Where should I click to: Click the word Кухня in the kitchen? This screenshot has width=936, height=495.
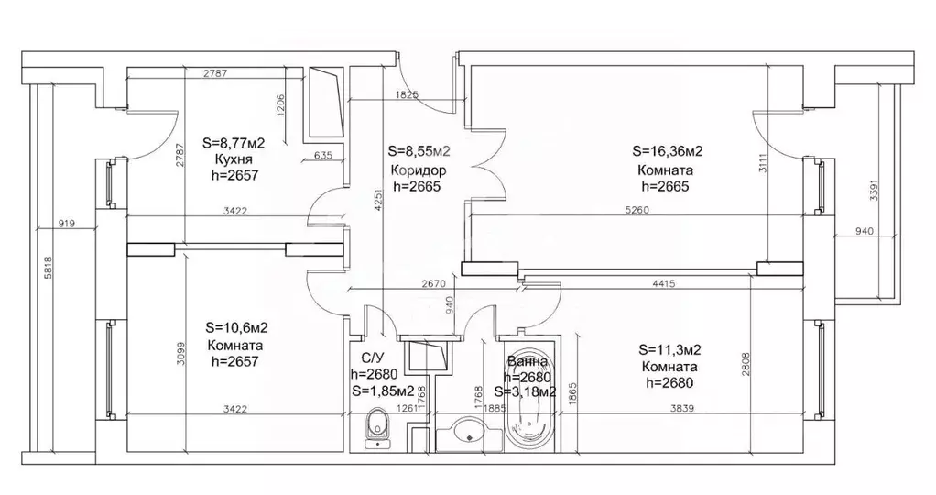233,159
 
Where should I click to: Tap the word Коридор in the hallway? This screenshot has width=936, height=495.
418,170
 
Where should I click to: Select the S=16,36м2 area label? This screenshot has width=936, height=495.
668,151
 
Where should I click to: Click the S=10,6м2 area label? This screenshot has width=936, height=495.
236,327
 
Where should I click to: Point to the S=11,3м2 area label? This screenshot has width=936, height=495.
669,349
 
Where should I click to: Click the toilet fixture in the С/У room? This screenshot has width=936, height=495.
376,427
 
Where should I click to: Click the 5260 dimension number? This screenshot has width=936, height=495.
637,210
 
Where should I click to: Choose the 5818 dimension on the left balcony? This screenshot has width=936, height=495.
49,268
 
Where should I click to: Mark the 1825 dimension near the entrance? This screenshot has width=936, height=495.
407,94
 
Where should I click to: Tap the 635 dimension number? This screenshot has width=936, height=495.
323,156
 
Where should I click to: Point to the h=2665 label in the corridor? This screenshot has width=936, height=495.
417,186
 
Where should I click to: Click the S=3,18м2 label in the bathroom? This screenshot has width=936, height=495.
526,392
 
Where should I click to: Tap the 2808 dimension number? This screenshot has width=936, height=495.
746,364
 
